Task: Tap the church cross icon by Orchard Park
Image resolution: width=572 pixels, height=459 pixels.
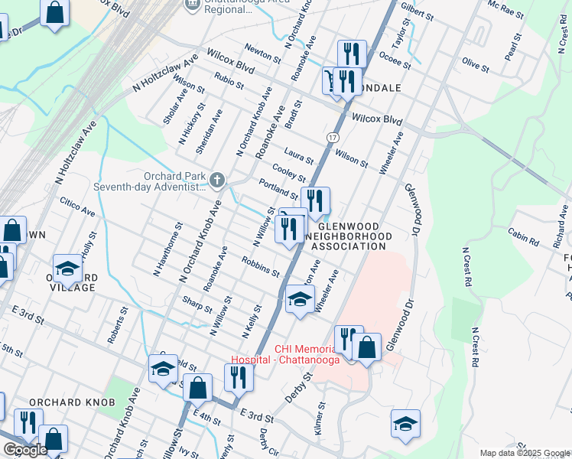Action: tap(217, 181)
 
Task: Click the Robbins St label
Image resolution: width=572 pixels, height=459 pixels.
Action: tap(260, 265)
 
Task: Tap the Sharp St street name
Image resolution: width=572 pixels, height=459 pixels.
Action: tap(197, 304)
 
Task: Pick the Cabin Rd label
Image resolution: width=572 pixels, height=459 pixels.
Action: tap(523, 238)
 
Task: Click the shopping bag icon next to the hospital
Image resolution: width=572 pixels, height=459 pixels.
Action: tap(367, 347)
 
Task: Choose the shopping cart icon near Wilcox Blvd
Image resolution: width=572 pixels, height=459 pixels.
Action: tap(332, 80)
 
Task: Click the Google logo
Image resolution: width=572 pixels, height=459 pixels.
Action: tap(24, 450)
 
